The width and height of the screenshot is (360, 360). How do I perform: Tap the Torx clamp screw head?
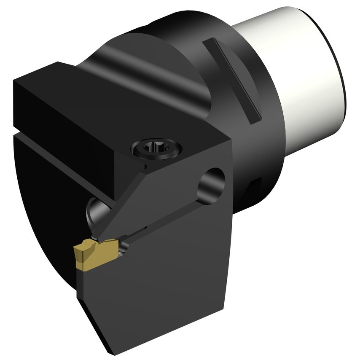coord(156,148)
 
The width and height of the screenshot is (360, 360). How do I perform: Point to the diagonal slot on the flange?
coord(232,80)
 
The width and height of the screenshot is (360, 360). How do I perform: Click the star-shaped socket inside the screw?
coord(156,148)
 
